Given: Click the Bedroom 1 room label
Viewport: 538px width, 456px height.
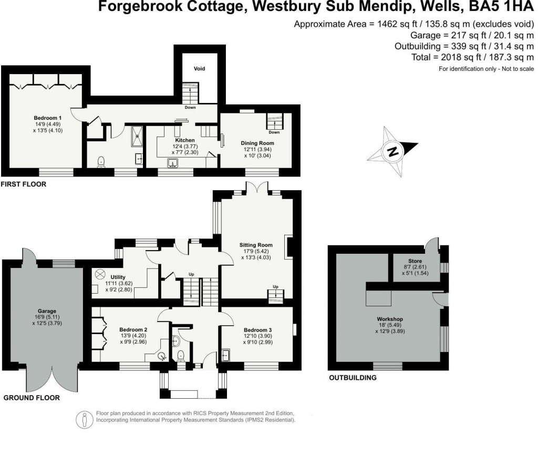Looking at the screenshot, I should click(44, 118).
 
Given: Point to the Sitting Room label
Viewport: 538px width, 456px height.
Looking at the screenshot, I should click(256, 245).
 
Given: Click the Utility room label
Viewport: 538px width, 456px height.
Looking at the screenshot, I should click(117, 276).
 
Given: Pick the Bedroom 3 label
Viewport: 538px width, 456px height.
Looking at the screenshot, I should click(257, 329).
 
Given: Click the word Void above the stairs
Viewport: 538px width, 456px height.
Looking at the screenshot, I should click(199, 69).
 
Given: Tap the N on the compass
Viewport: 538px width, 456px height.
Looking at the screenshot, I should click(392, 152).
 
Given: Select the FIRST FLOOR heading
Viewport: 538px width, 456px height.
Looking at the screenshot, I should click(24, 184).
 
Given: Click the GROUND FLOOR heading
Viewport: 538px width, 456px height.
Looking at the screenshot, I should click(32, 398).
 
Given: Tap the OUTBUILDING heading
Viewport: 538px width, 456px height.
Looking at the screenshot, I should click(353, 378).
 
